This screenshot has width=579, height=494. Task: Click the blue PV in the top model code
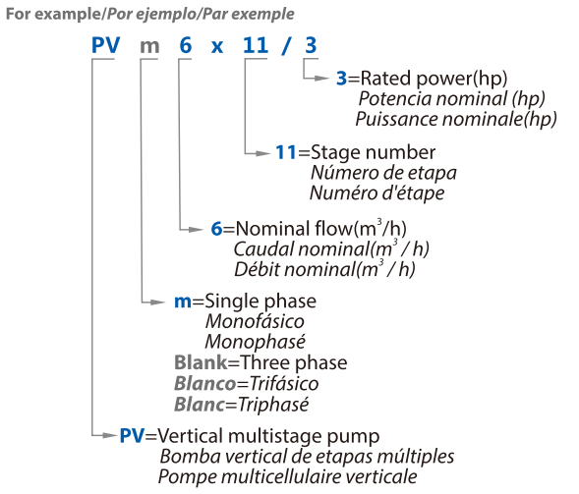105,45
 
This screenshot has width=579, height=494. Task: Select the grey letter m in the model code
149,47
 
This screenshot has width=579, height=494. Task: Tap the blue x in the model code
217,47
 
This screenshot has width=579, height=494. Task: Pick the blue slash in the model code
285,46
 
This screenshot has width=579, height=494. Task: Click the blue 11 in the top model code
256,45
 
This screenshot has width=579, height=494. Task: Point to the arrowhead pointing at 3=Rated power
321,79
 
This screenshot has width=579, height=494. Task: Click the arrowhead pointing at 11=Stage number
262,153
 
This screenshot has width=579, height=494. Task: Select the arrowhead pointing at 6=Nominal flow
196,230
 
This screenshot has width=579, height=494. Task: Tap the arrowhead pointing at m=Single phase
158,302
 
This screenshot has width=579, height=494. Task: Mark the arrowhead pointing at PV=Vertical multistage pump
110,436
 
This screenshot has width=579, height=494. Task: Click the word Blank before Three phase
201,362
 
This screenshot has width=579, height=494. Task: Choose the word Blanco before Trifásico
204,383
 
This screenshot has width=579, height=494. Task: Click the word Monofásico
255,321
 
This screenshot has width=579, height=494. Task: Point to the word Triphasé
273,405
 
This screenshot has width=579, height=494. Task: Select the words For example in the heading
53,15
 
